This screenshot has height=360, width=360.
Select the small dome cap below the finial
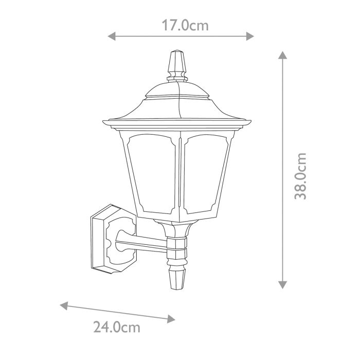coord(177,92)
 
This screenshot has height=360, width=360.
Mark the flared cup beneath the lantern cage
coord(178,227)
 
